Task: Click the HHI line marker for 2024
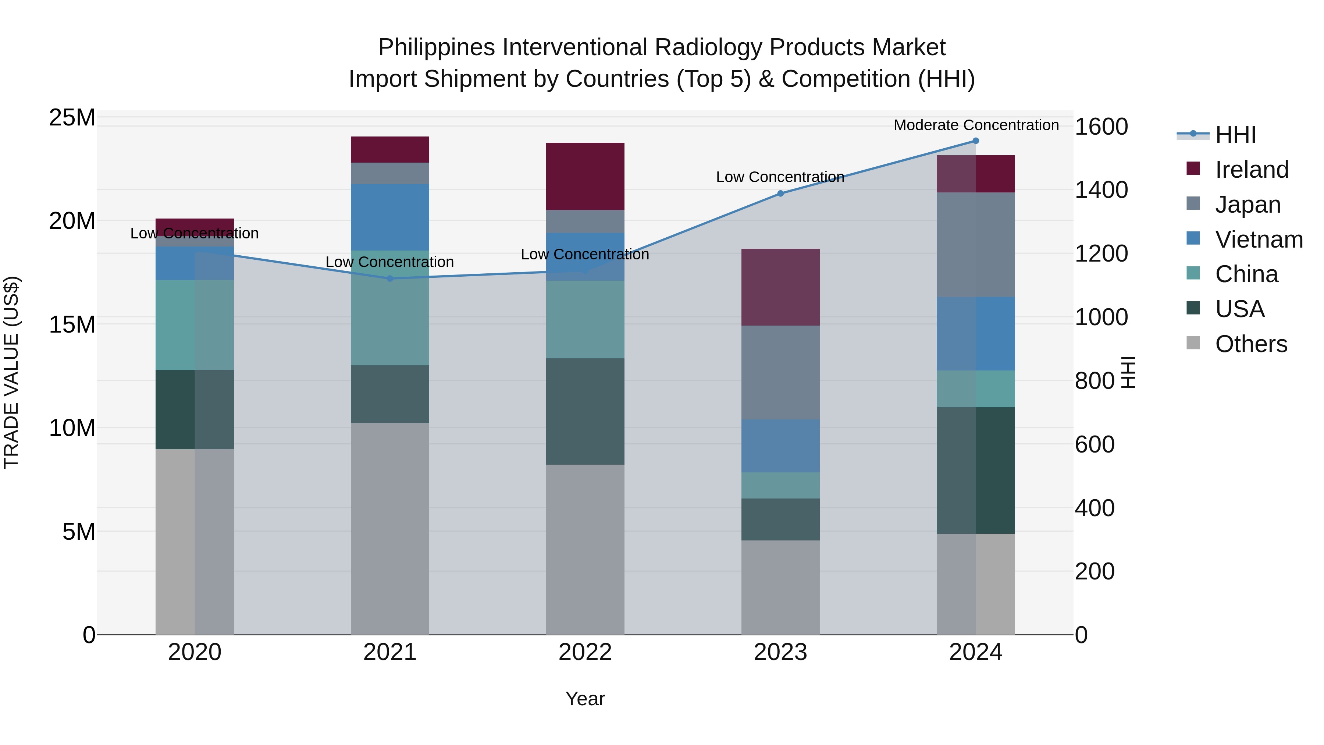point(975,141)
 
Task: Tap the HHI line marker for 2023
point(780,193)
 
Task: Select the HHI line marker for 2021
point(389,279)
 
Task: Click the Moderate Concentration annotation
point(976,125)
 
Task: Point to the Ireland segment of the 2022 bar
point(585,176)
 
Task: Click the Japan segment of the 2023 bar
point(780,372)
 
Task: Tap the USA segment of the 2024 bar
point(975,471)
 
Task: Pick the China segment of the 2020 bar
point(194,325)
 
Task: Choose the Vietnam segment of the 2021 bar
point(389,217)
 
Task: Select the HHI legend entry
point(1235,135)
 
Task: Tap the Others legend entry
point(1250,344)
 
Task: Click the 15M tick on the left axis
point(72,324)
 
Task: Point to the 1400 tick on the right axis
point(1101,190)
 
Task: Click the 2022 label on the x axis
point(585,652)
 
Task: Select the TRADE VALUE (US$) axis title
point(11,372)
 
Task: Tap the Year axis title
point(585,699)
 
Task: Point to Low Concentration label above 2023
point(780,177)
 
